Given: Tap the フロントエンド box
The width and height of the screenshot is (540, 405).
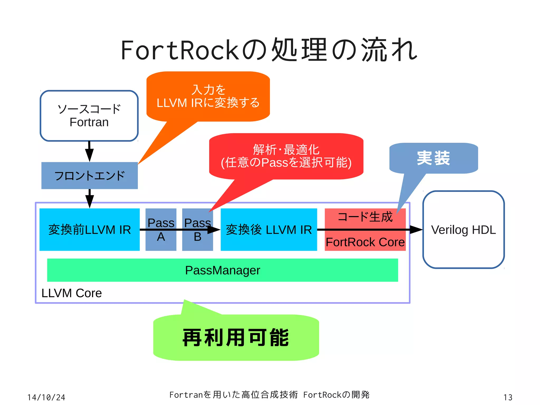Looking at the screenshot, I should [89, 176].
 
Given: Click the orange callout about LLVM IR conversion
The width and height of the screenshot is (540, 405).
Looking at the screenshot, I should [208, 97].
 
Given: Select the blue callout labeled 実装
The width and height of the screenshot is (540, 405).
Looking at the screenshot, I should [433, 158].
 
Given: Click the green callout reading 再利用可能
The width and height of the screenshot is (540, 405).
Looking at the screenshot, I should [236, 337].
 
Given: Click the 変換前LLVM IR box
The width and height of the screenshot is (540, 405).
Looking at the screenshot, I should [89, 230].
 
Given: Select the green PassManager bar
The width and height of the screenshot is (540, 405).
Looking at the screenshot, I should [223, 270].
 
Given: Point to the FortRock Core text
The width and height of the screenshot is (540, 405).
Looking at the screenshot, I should [365, 242].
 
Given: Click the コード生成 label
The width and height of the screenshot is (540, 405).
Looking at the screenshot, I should [365, 217].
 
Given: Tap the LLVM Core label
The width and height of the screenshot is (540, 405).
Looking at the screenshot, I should [71, 293].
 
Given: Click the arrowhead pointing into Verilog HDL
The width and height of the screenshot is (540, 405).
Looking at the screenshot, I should [417, 230].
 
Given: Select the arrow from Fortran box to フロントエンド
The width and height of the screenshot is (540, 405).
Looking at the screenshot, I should [89, 151].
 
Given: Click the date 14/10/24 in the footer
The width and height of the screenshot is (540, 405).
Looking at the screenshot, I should [46, 397].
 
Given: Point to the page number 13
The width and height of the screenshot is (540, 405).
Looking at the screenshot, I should [508, 397].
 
